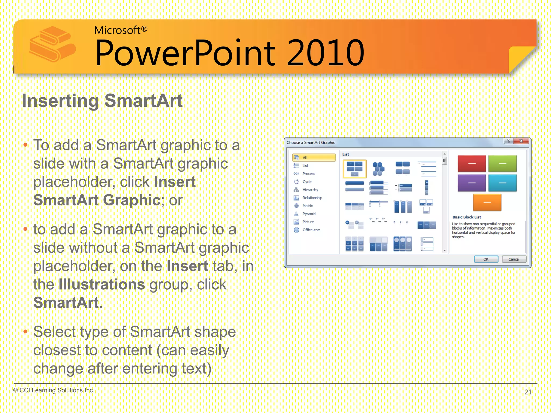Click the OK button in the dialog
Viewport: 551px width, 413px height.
(486, 259)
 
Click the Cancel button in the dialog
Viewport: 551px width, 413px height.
(514, 259)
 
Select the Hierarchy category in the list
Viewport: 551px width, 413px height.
(310, 190)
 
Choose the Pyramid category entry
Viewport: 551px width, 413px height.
(309, 214)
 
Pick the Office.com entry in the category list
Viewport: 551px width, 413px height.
(311, 230)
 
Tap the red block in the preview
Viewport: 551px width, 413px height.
(472, 163)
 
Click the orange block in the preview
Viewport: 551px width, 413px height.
(487, 202)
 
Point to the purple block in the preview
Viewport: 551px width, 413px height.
(472, 183)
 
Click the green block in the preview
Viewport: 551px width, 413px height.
(502, 163)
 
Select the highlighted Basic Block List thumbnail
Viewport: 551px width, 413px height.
(355, 169)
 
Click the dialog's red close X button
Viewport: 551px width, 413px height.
(521, 141)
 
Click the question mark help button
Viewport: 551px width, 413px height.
(508, 141)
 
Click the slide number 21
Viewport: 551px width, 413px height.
(528, 392)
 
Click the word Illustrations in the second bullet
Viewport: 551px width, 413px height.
(102, 284)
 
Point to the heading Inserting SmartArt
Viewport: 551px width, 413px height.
(102, 101)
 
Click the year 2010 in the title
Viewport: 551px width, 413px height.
(326, 53)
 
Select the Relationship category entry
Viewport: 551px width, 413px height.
(312, 198)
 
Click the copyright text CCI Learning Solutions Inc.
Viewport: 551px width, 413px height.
(54, 390)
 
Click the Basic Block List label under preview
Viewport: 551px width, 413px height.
(467, 217)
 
